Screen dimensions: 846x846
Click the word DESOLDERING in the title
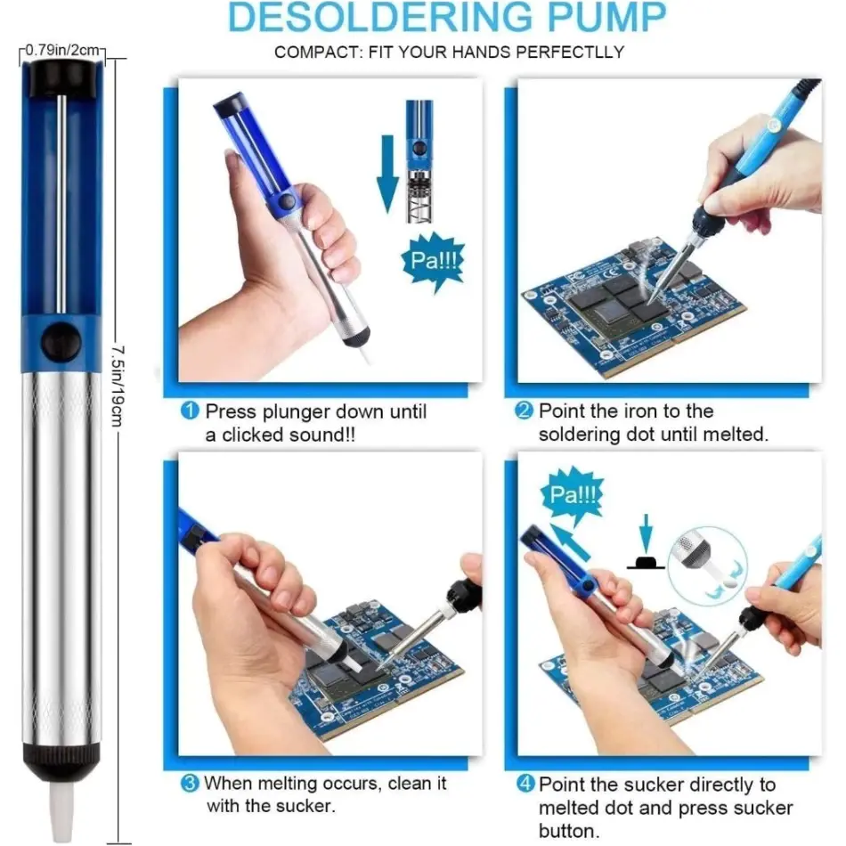(x=380, y=17)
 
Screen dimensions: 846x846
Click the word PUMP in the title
(x=607, y=17)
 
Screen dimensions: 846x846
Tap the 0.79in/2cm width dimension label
(x=62, y=50)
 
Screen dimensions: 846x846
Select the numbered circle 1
(x=190, y=411)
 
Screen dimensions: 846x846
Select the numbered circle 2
(x=524, y=411)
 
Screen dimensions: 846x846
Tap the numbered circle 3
(x=190, y=784)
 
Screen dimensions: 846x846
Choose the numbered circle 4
(x=525, y=784)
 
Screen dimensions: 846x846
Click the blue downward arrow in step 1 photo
(x=387, y=174)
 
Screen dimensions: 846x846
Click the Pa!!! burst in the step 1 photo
(x=434, y=261)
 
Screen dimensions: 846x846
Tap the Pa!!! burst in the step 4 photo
(x=573, y=494)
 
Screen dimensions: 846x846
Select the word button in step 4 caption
(x=569, y=831)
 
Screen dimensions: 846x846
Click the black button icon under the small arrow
(x=646, y=563)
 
